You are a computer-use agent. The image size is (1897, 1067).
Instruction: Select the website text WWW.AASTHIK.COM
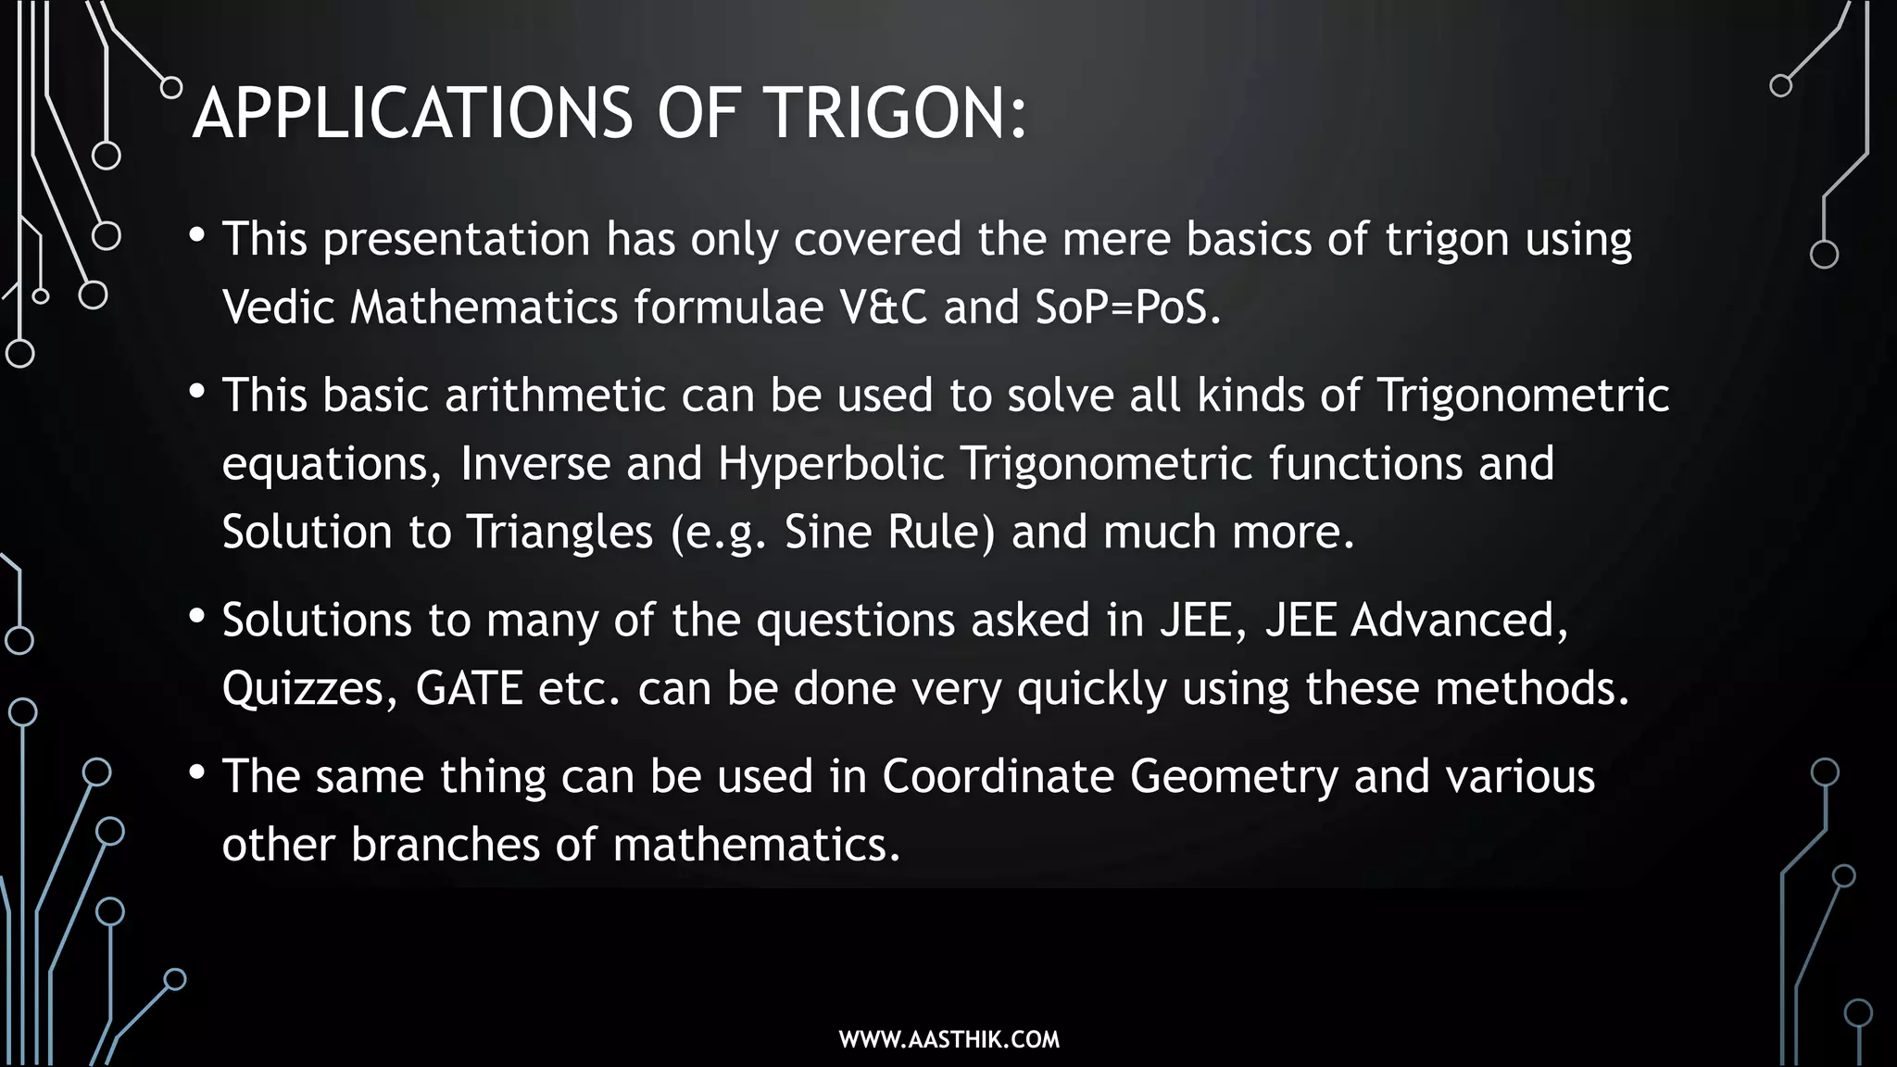(948, 1039)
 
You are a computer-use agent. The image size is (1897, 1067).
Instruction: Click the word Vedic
(278, 308)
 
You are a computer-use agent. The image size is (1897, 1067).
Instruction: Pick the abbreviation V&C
(883, 308)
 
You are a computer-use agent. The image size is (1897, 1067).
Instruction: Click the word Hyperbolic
(831, 463)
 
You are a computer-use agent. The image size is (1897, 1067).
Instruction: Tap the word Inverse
(534, 463)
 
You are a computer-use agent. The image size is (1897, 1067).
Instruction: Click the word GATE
(469, 688)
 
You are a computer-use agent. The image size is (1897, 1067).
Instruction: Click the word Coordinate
(997, 776)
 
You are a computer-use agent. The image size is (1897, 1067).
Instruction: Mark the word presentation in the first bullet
(456, 240)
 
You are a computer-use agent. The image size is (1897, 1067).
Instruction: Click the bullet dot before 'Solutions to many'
(196, 617)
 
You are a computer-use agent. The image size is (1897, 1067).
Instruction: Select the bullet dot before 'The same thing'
(196, 773)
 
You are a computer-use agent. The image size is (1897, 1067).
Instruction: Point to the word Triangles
(559, 533)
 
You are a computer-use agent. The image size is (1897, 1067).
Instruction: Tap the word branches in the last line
(446, 845)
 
